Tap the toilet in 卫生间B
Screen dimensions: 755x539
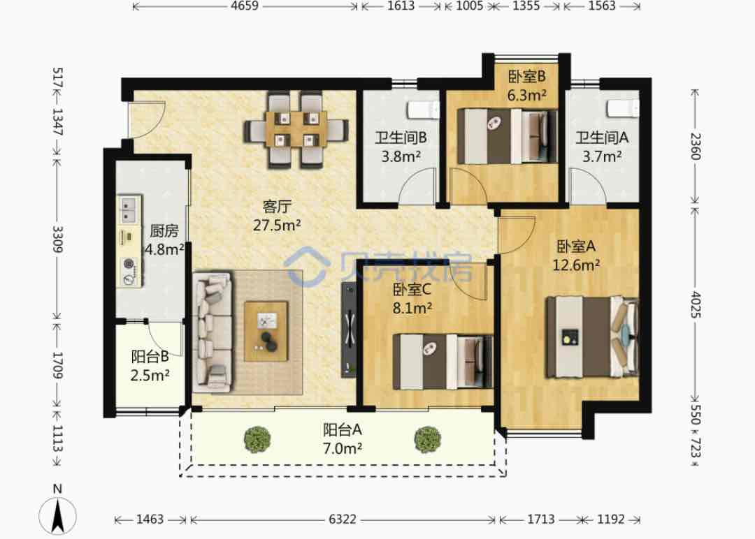tap(423, 110)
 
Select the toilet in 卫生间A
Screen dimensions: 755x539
tap(623, 108)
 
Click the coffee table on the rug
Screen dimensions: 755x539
tap(266, 331)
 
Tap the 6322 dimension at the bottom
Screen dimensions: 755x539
tap(343, 519)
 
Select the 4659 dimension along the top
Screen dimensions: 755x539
tap(245, 6)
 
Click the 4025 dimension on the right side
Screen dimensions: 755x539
tap(696, 304)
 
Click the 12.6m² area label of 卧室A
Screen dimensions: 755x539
tap(576, 265)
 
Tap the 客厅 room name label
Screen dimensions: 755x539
tap(277, 206)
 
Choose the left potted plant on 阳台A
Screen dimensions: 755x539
tap(257, 439)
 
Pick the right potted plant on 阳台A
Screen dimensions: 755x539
tap(428, 439)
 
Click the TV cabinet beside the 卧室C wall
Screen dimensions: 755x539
tap(349, 330)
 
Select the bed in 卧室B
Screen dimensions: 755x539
tap(506, 137)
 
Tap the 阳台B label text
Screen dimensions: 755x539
tap(150, 357)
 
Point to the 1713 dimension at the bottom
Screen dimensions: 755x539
tap(540, 519)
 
